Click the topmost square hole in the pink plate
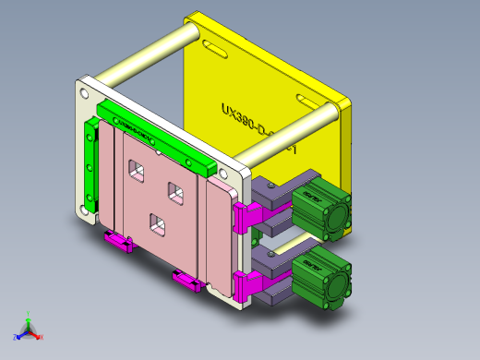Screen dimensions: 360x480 click(x=137, y=168)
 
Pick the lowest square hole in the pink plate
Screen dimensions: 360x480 click(x=157, y=222)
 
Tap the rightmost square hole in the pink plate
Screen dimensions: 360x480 click(x=174, y=191)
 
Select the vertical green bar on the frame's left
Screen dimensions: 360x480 click(x=90, y=166)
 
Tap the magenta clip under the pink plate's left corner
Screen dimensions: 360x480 click(x=117, y=243)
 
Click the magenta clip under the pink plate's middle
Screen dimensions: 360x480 click(x=187, y=280)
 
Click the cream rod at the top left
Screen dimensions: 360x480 click(x=148, y=57)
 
